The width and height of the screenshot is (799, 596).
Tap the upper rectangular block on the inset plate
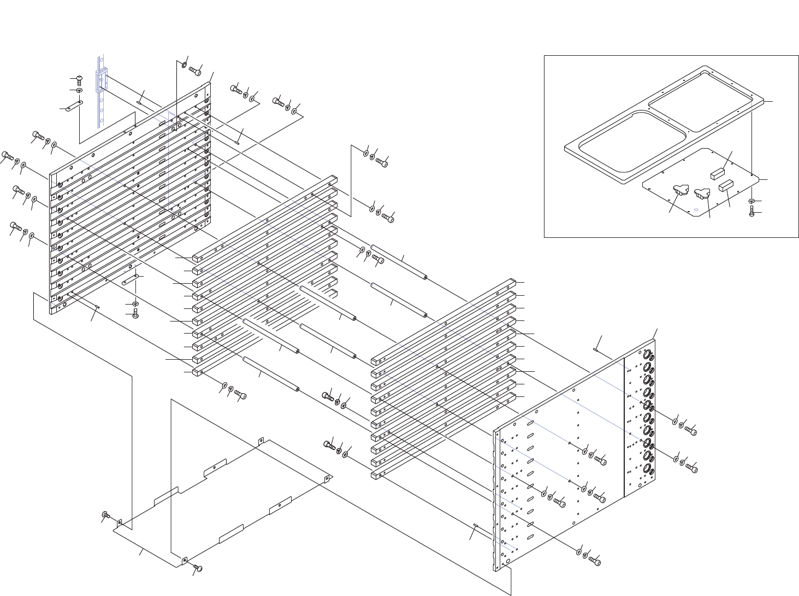(x=717, y=174)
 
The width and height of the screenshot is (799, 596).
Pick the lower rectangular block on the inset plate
(x=725, y=186)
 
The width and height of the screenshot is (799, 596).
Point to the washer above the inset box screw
(x=752, y=202)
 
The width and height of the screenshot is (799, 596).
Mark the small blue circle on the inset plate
(x=696, y=209)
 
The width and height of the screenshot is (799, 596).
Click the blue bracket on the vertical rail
(x=102, y=80)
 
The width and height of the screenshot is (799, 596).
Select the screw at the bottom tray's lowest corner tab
(x=198, y=569)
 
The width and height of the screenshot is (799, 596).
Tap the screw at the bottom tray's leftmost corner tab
(x=105, y=515)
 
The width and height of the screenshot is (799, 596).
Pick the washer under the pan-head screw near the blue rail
(x=79, y=90)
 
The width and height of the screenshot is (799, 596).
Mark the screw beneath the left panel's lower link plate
(x=135, y=315)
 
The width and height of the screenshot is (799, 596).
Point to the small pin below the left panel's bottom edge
(x=97, y=307)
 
